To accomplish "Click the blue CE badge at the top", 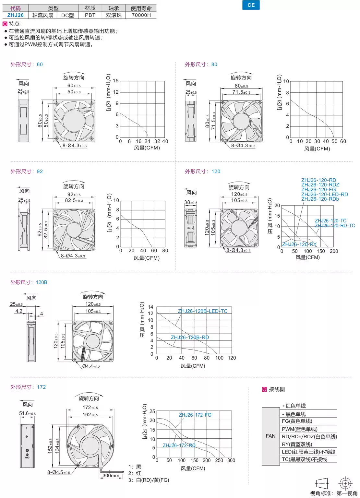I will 251,5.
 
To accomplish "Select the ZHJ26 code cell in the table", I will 16,15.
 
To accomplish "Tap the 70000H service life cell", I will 141,15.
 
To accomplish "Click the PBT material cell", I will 90,15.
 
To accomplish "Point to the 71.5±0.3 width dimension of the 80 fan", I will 241,92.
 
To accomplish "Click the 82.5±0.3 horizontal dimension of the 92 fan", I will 74,200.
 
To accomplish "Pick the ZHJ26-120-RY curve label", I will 299,244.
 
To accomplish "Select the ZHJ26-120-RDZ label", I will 320,185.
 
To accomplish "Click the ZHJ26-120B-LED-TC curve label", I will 202,311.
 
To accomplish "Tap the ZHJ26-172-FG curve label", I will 195,415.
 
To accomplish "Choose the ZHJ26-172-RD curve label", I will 179,445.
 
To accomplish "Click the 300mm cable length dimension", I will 111,476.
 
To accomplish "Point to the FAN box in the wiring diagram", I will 270,436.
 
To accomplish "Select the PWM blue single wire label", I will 299,429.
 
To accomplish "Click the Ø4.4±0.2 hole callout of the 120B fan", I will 91,367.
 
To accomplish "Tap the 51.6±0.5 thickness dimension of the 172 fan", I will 27,413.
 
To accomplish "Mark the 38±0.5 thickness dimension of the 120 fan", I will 191,202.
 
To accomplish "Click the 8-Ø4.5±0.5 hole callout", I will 59,472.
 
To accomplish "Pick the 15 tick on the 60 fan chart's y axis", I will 116,81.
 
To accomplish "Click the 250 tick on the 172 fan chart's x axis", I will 219,460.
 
